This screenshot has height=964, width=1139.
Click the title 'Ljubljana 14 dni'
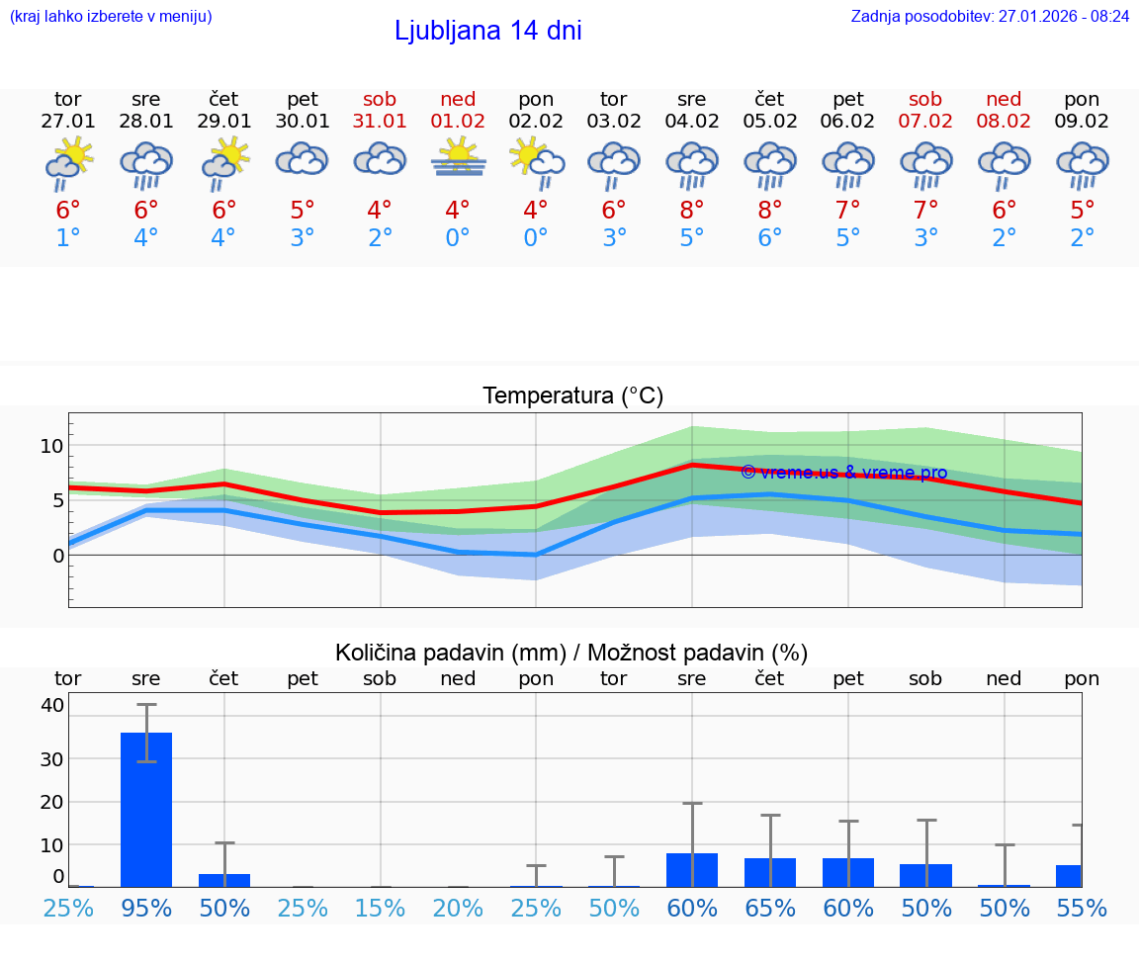point(487,31)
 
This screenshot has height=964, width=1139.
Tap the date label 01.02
point(458,121)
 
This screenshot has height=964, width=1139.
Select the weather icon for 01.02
point(458,159)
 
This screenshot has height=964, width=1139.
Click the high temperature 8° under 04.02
point(692,210)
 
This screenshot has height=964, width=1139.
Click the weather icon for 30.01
point(302,159)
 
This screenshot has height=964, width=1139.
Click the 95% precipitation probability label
point(146,908)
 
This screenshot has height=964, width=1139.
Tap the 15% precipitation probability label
point(380,908)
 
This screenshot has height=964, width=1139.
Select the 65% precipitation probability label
point(770,908)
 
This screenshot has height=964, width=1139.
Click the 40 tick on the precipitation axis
point(52,705)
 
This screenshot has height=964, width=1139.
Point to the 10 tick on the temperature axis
point(51,446)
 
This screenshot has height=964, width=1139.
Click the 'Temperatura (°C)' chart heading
point(572,396)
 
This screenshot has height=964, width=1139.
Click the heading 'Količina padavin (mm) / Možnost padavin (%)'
point(571,653)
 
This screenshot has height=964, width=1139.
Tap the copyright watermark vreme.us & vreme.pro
point(843,473)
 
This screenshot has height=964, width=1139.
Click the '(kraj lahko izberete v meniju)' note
point(111,17)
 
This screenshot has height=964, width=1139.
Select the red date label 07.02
point(926,121)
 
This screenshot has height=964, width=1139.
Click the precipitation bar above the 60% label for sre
point(692,869)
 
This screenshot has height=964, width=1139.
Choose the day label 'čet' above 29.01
point(223,99)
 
